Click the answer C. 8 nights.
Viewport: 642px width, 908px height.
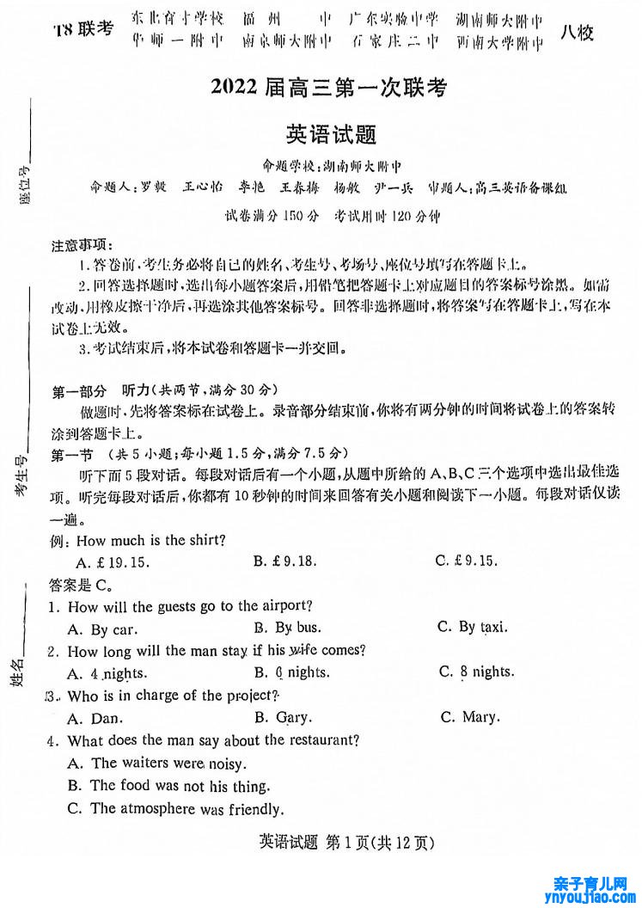pyautogui.click(x=476, y=672)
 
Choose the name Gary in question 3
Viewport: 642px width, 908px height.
pyautogui.click(x=293, y=717)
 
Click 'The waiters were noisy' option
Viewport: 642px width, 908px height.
pyautogui.click(x=156, y=763)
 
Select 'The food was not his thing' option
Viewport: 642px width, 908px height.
pyautogui.click(x=168, y=785)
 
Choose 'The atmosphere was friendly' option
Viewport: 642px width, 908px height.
pyautogui.click(x=174, y=808)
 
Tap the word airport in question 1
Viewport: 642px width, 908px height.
pyautogui.click(x=286, y=606)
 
